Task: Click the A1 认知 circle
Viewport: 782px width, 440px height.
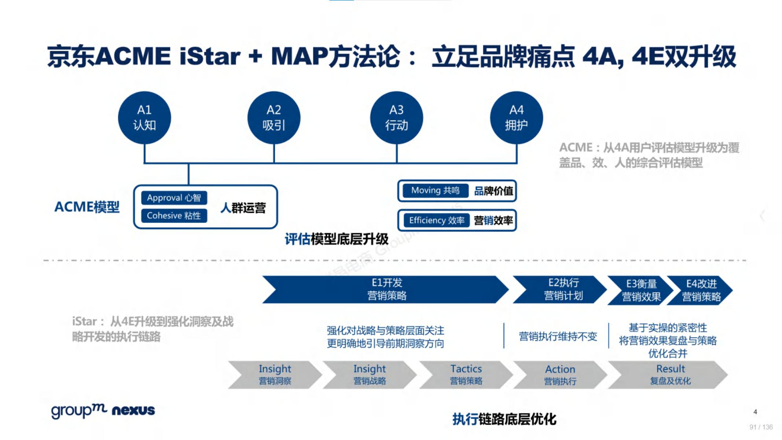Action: [x=144, y=118]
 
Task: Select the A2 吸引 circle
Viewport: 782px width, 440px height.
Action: [x=274, y=118]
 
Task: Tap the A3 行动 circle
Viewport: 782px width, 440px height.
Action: [x=396, y=118]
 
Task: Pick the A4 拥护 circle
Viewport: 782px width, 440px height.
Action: [x=516, y=118]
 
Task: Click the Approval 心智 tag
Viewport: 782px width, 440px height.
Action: [x=174, y=198]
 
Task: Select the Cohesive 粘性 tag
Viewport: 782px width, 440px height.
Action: [x=174, y=216]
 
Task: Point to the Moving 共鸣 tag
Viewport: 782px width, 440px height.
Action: [x=435, y=191]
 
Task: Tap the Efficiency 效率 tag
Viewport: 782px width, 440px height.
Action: [x=436, y=220]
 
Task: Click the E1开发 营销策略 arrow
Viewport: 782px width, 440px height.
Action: [x=387, y=289]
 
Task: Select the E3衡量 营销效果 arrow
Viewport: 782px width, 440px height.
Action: [x=641, y=290]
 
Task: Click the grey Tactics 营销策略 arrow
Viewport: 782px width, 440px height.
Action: [x=466, y=374]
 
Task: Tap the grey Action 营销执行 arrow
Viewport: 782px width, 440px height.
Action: [x=560, y=375]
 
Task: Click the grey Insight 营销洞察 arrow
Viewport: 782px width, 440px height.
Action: [x=275, y=374]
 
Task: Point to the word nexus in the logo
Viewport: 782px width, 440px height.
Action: [x=133, y=410]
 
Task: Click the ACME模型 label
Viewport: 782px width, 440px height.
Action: [x=87, y=207]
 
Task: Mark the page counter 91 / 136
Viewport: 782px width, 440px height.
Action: [x=761, y=427]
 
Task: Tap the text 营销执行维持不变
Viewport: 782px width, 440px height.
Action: [x=558, y=336]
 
